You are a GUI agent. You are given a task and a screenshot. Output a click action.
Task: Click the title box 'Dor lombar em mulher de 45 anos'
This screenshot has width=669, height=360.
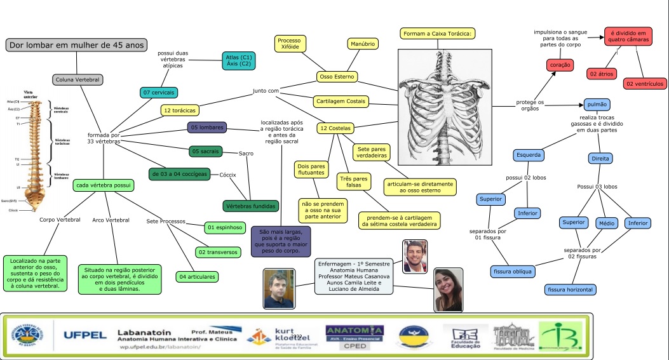point(77,45)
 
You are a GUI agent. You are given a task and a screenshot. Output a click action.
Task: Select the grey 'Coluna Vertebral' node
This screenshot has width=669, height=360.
point(78,79)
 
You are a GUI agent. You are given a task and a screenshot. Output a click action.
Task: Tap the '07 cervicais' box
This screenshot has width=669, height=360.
point(159,93)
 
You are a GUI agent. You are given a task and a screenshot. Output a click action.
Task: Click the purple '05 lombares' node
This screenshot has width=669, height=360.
point(207,128)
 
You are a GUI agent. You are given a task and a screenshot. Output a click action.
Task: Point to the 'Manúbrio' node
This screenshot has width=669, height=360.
point(363,44)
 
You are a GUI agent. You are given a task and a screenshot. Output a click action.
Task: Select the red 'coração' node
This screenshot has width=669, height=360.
point(560,65)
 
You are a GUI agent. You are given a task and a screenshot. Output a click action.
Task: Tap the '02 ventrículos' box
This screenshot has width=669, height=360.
point(645,83)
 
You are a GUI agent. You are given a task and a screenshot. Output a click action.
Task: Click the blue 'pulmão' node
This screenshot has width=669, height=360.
point(601,105)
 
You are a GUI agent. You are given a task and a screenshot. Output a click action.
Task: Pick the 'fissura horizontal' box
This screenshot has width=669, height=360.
point(571,290)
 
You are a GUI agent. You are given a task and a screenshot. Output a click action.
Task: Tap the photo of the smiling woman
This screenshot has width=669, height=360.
point(448,290)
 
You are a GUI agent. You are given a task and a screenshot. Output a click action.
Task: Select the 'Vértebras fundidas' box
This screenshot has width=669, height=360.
point(250,206)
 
